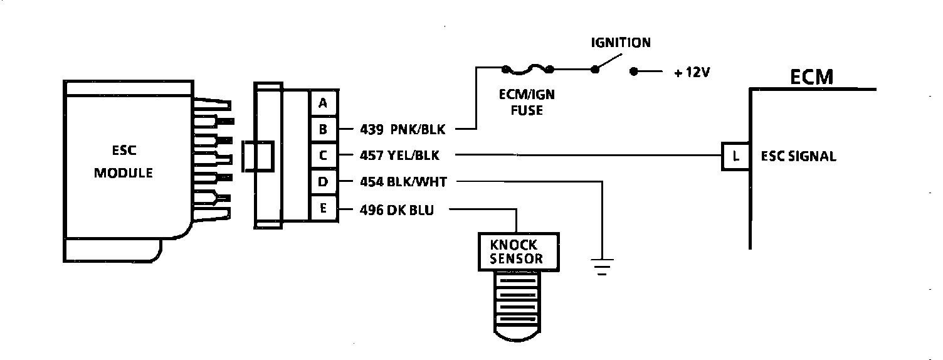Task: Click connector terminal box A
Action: click(323, 103)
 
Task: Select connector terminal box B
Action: click(323, 129)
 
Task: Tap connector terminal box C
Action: click(323, 155)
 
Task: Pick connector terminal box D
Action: click(323, 181)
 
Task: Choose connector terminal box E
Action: click(323, 208)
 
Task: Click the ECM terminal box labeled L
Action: click(735, 156)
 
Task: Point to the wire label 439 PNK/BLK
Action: click(402, 130)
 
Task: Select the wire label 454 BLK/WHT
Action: click(403, 182)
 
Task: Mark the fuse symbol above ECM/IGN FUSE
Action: click(527, 68)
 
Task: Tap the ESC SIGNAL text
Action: click(798, 156)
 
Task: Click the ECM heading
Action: click(811, 78)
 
